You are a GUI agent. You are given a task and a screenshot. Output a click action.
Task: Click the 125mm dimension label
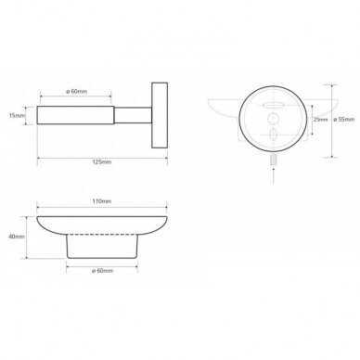102,162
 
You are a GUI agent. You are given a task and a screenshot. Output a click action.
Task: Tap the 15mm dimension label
17,116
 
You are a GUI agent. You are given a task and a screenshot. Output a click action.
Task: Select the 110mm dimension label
102,201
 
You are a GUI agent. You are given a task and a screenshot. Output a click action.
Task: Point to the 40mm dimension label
17,237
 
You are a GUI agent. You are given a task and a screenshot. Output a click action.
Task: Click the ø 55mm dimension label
344,120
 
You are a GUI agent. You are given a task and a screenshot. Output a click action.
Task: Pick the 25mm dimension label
320,120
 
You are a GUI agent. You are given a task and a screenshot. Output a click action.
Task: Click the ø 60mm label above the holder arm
77,92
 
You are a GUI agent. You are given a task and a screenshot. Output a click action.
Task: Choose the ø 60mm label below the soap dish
102,271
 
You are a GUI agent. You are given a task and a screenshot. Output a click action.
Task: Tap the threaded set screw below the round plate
274,161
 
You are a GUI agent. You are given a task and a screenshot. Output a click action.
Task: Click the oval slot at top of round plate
273,106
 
